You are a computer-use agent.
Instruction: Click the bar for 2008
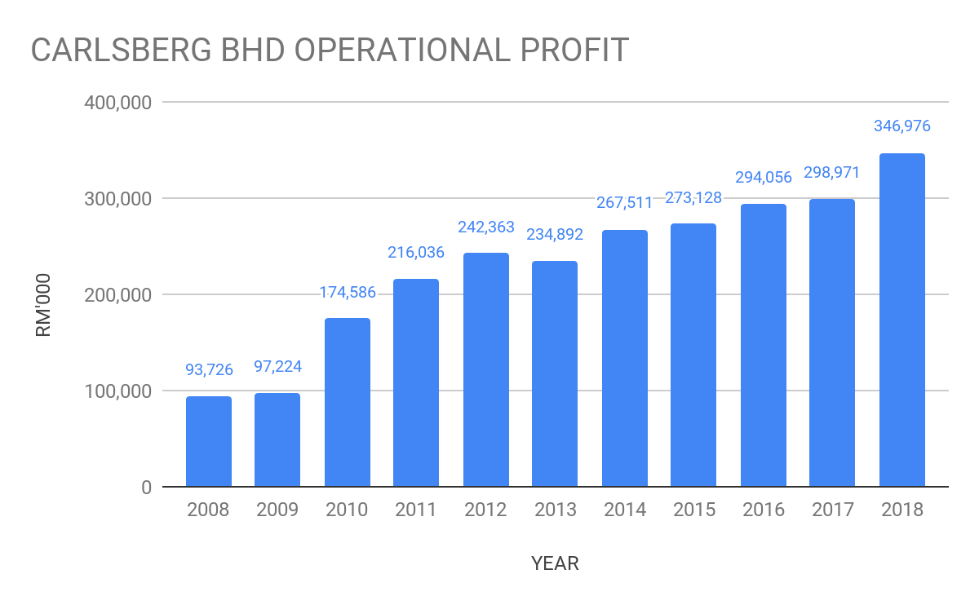coord(209,441)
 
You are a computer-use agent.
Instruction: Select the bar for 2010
coord(348,402)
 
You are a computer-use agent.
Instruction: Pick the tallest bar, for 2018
coord(902,320)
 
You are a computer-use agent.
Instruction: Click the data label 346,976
coord(901,126)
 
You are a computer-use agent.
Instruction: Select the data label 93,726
coord(209,369)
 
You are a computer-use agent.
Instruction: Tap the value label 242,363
coord(485,226)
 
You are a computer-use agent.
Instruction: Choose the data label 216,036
coord(416,252)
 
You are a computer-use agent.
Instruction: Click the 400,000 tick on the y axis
coord(117,103)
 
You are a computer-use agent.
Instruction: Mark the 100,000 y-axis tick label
coord(117,391)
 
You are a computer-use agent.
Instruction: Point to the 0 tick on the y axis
coord(146,488)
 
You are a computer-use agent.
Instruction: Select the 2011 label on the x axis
coord(416,510)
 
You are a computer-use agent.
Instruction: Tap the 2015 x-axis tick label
coord(694,510)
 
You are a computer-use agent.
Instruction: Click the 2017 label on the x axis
coord(833,510)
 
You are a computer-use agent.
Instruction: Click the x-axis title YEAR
coord(555,563)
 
